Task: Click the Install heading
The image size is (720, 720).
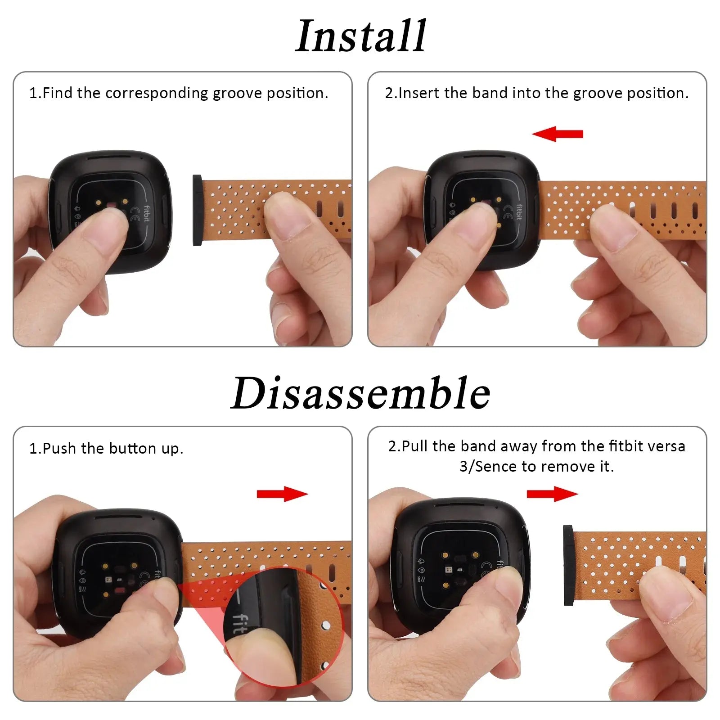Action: tap(360, 36)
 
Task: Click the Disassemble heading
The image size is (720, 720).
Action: tap(360, 393)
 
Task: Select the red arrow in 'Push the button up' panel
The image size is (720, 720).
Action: tap(282, 494)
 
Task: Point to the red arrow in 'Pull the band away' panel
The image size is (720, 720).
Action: tap(552, 494)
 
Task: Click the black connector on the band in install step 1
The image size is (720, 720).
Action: tap(197, 210)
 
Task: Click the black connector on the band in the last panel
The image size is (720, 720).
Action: tap(568, 565)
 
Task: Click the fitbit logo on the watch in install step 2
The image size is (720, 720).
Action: tap(519, 212)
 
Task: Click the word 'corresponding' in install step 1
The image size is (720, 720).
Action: tap(157, 93)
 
